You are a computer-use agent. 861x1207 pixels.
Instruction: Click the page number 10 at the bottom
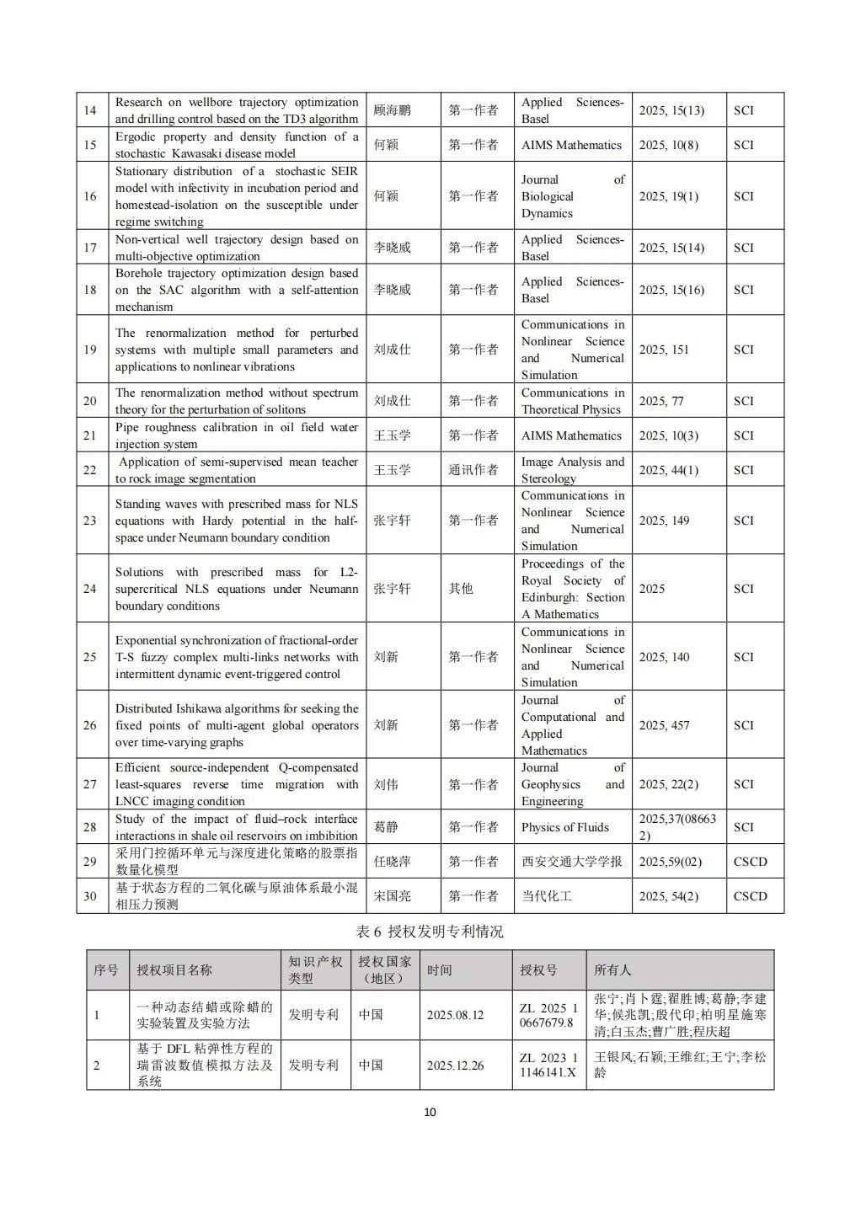point(430,1112)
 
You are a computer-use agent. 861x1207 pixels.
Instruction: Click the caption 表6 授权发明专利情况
point(430,932)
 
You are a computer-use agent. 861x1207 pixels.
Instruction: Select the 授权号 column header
point(538,970)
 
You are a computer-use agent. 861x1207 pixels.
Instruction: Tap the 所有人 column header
point(612,970)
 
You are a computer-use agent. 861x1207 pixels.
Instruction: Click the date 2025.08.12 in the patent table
point(455,1015)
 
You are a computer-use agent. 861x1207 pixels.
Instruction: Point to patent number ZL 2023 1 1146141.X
point(548,1065)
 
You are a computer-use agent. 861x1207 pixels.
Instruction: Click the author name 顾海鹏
point(393,110)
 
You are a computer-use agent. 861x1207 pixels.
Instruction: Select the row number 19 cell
point(90,350)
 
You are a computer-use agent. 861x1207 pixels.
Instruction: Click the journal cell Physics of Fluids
point(564,827)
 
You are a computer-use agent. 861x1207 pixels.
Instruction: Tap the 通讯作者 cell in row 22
point(473,470)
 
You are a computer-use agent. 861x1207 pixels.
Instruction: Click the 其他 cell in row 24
point(461,589)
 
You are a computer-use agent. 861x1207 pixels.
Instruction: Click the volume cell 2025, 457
point(664,725)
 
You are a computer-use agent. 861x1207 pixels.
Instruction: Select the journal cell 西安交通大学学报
point(571,862)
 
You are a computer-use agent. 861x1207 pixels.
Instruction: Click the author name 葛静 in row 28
point(386,827)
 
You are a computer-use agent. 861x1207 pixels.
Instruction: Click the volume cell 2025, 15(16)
point(671,290)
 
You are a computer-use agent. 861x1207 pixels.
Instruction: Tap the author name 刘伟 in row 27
point(386,784)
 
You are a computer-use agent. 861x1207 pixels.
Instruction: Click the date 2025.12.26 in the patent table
point(455,1065)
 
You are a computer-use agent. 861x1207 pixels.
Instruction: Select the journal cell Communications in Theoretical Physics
point(571,401)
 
